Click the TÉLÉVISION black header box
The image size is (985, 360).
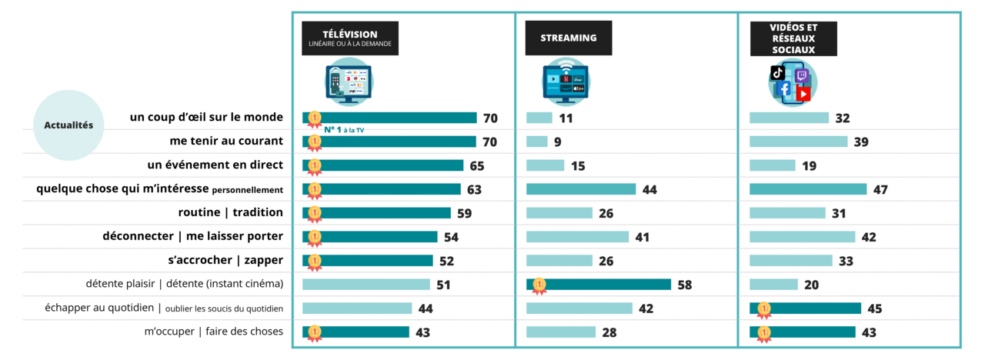coord(349,38)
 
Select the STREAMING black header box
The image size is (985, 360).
coord(568,38)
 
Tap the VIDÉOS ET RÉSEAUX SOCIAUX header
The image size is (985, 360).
coord(793,38)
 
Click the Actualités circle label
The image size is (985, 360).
coord(68,125)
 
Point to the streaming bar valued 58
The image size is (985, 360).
coord(599,285)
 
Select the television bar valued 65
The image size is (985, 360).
coord(382,165)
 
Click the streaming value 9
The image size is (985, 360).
coord(558,142)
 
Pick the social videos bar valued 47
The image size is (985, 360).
coord(808,189)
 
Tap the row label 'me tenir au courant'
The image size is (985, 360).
coord(226,142)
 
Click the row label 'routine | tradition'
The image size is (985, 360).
coord(230,212)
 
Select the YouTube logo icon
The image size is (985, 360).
coord(803,94)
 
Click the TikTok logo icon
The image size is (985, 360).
coord(778,72)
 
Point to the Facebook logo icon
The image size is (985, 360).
coord(783,89)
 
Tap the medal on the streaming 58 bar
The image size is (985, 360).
coord(539,285)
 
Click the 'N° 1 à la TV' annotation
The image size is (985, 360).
coord(343,130)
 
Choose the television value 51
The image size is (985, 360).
coord(443,285)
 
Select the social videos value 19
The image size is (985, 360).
coord(809,165)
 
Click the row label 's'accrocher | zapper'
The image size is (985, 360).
coord(225,260)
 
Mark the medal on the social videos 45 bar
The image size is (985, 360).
coord(763,309)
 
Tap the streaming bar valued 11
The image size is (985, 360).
coord(539,118)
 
